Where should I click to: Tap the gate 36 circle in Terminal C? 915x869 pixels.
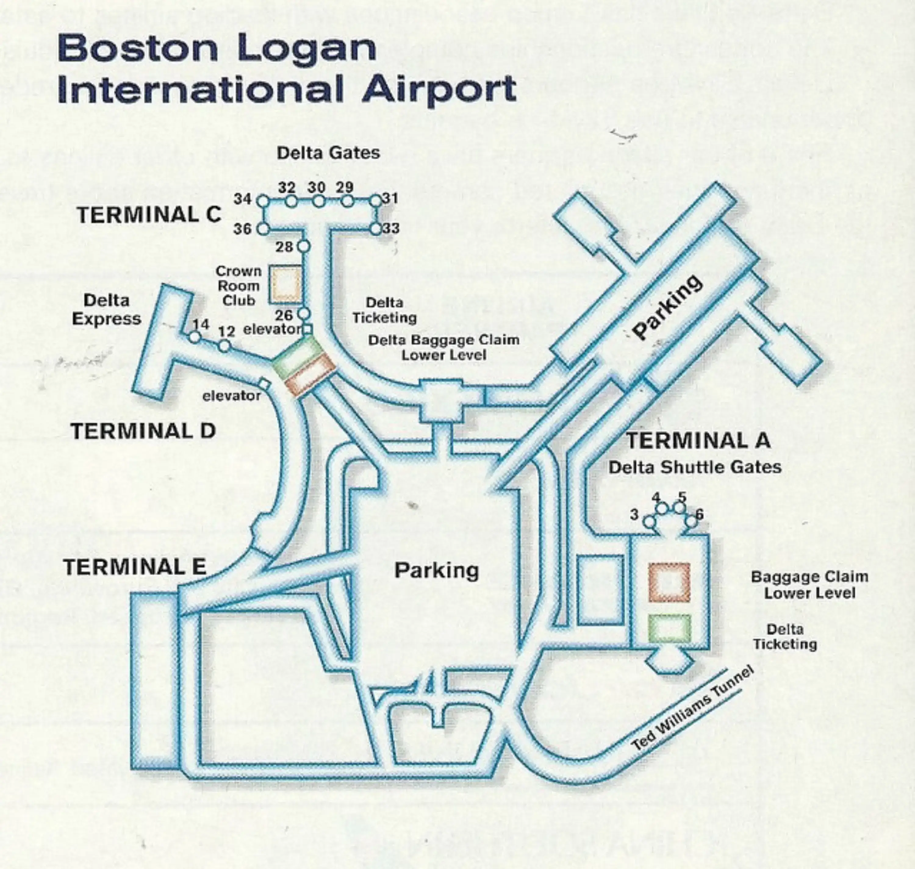(x=263, y=229)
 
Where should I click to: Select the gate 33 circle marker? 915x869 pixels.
(x=375, y=229)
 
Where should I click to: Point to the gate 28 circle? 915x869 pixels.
(x=303, y=246)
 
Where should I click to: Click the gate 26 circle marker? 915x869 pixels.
(x=303, y=314)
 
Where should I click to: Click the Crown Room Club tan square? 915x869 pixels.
(x=286, y=284)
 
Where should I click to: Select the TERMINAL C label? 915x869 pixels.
(x=149, y=215)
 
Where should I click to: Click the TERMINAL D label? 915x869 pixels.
(x=143, y=431)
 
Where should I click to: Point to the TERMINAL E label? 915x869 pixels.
(x=135, y=567)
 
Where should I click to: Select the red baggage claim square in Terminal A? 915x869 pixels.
(x=669, y=583)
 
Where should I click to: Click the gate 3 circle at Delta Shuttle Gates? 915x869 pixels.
(x=650, y=522)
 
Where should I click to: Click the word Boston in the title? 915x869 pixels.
(x=138, y=48)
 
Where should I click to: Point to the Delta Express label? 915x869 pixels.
(x=106, y=309)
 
